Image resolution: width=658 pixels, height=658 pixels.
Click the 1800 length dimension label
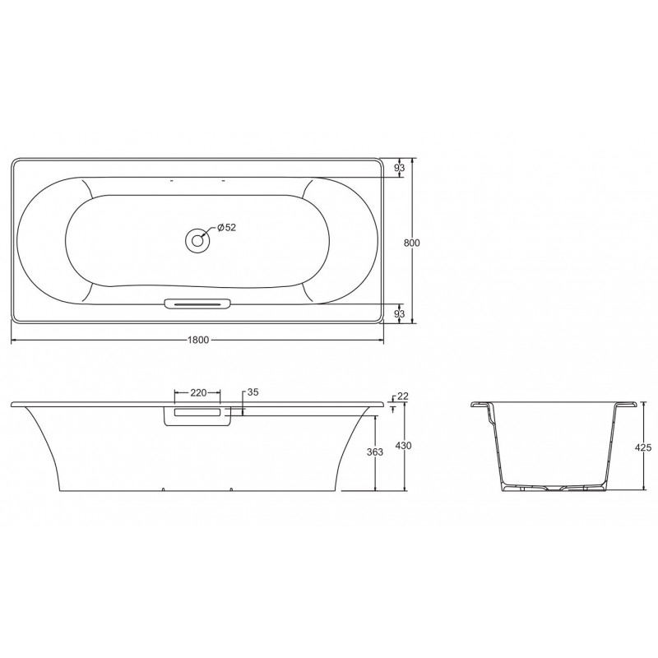197,340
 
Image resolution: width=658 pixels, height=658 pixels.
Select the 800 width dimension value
412,243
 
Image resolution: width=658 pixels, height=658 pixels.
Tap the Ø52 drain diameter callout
227,228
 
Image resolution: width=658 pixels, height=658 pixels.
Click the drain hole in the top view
197,240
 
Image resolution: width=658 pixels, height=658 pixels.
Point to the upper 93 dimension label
400,168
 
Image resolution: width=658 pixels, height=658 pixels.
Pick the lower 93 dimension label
400,313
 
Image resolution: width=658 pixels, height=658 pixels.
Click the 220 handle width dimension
198,392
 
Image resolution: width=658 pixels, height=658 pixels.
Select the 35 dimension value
253,392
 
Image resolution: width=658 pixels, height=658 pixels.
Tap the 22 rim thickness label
403,396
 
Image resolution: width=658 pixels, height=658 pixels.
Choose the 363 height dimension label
375,452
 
